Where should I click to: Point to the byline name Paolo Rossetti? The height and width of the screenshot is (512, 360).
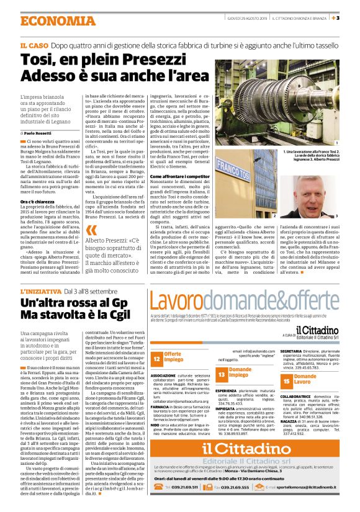pos(42,133)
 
